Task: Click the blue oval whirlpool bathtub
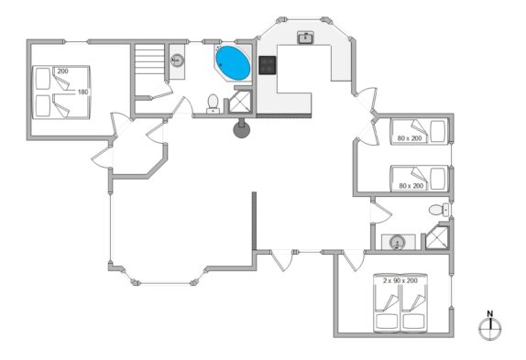coord(233,63)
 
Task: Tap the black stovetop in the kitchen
coord(268,65)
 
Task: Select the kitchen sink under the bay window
coord(306,38)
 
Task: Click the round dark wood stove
coord(242,129)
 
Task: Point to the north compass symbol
coord(490,329)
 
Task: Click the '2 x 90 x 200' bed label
coord(400,280)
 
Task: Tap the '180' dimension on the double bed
coord(82,92)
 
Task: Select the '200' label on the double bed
coord(62,71)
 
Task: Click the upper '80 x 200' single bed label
coord(410,137)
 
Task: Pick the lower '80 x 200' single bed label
coord(411,185)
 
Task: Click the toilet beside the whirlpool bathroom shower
coord(213,104)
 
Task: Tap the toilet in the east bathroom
coord(438,210)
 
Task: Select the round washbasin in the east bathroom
coord(398,242)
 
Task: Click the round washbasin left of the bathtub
coord(177,60)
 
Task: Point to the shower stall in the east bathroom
coord(437,238)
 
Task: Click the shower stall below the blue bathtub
coord(240,102)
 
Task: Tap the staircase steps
coord(149,60)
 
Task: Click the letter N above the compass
coord(490,314)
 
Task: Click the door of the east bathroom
coord(381,212)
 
